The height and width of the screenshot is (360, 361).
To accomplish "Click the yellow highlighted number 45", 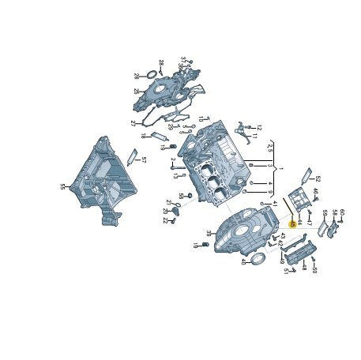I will click(x=291, y=224).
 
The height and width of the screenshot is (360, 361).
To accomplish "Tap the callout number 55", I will click(x=62, y=187).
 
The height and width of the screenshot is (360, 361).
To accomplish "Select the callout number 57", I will click(x=143, y=160).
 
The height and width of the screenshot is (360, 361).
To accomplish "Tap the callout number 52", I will click(x=318, y=179).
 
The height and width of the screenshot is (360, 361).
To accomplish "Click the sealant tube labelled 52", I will click(x=306, y=173).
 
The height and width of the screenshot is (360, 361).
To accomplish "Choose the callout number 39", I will click(x=209, y=233).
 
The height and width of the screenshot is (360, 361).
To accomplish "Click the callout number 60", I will click(x=342, y=212).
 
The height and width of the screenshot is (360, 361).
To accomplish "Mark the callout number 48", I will click(x=303, y=268).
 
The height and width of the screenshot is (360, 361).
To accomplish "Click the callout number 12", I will click(x=258, y=128).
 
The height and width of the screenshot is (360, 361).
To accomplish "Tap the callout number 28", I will click(x=160, y=62).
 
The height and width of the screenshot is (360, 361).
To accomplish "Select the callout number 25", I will click(x=137, y=92).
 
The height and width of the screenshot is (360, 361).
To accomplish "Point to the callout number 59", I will click(x=324, y=213).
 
